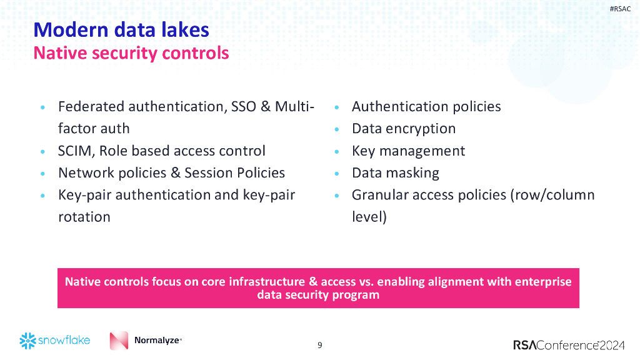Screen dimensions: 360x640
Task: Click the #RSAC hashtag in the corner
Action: tap(619, 9)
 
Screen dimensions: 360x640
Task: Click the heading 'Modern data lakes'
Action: tap(121, 29)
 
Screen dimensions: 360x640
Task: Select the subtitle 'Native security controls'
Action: tap(131, 53)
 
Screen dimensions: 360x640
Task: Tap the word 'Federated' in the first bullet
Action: tap(91, 107)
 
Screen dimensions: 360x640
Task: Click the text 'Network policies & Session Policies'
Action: tap(171, 173)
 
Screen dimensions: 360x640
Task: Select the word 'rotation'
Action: tap(84, 217)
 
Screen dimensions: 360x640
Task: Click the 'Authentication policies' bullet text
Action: tap(426, 107)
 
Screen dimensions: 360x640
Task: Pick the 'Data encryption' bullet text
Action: tap(404, 129)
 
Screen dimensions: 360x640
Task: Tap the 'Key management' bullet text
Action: tap(408, 151)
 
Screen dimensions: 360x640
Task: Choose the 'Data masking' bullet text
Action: tap(395, 173)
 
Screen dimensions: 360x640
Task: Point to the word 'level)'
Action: tap(369, 217)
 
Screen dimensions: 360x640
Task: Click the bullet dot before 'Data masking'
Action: tap(337, 174)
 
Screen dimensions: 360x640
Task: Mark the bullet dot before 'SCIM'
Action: tap(42, 152)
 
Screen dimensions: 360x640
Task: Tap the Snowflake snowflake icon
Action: tap(27, 341)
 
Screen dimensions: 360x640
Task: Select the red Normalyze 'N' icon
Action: tap(119, 341)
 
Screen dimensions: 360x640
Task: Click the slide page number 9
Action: tap(320, 345)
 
